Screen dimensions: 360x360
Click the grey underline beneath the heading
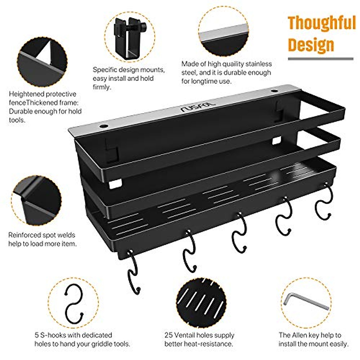[320, 59]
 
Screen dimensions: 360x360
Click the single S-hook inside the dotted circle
[73, 304]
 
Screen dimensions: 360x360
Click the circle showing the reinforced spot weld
[36, 201]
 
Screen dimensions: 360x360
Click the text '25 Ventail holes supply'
[199, 335]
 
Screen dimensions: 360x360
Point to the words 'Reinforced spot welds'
[42, 235]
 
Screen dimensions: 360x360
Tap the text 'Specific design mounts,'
[129, 70]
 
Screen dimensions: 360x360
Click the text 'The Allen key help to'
[310, 335]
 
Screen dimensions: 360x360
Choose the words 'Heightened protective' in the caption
[43, 94]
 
